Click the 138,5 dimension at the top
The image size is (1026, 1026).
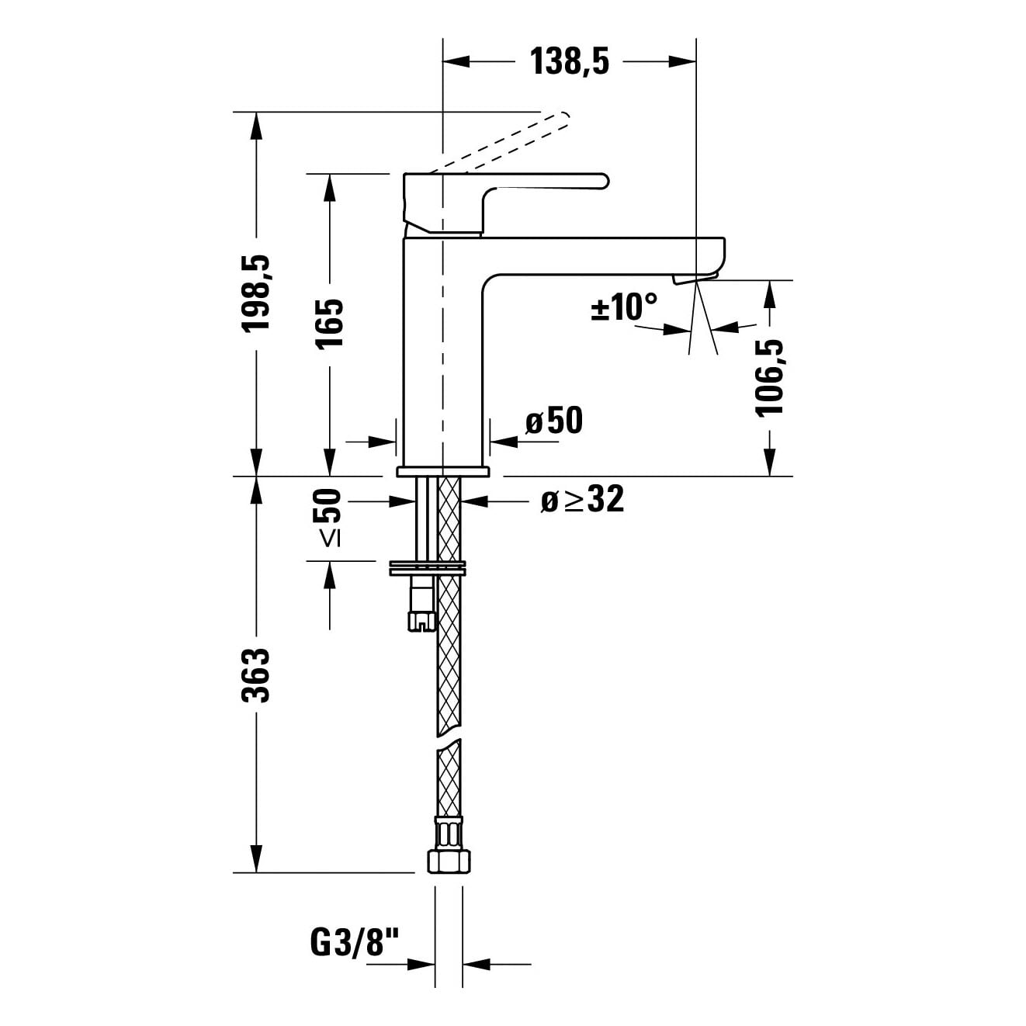coord(569,62)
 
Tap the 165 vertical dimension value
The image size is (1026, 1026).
coord(330,323)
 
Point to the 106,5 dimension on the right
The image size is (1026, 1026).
coord(769,377)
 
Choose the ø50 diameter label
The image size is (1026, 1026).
coord(553,420)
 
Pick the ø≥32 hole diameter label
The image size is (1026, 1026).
coord(582,500)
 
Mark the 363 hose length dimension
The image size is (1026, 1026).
coord(256,676)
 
